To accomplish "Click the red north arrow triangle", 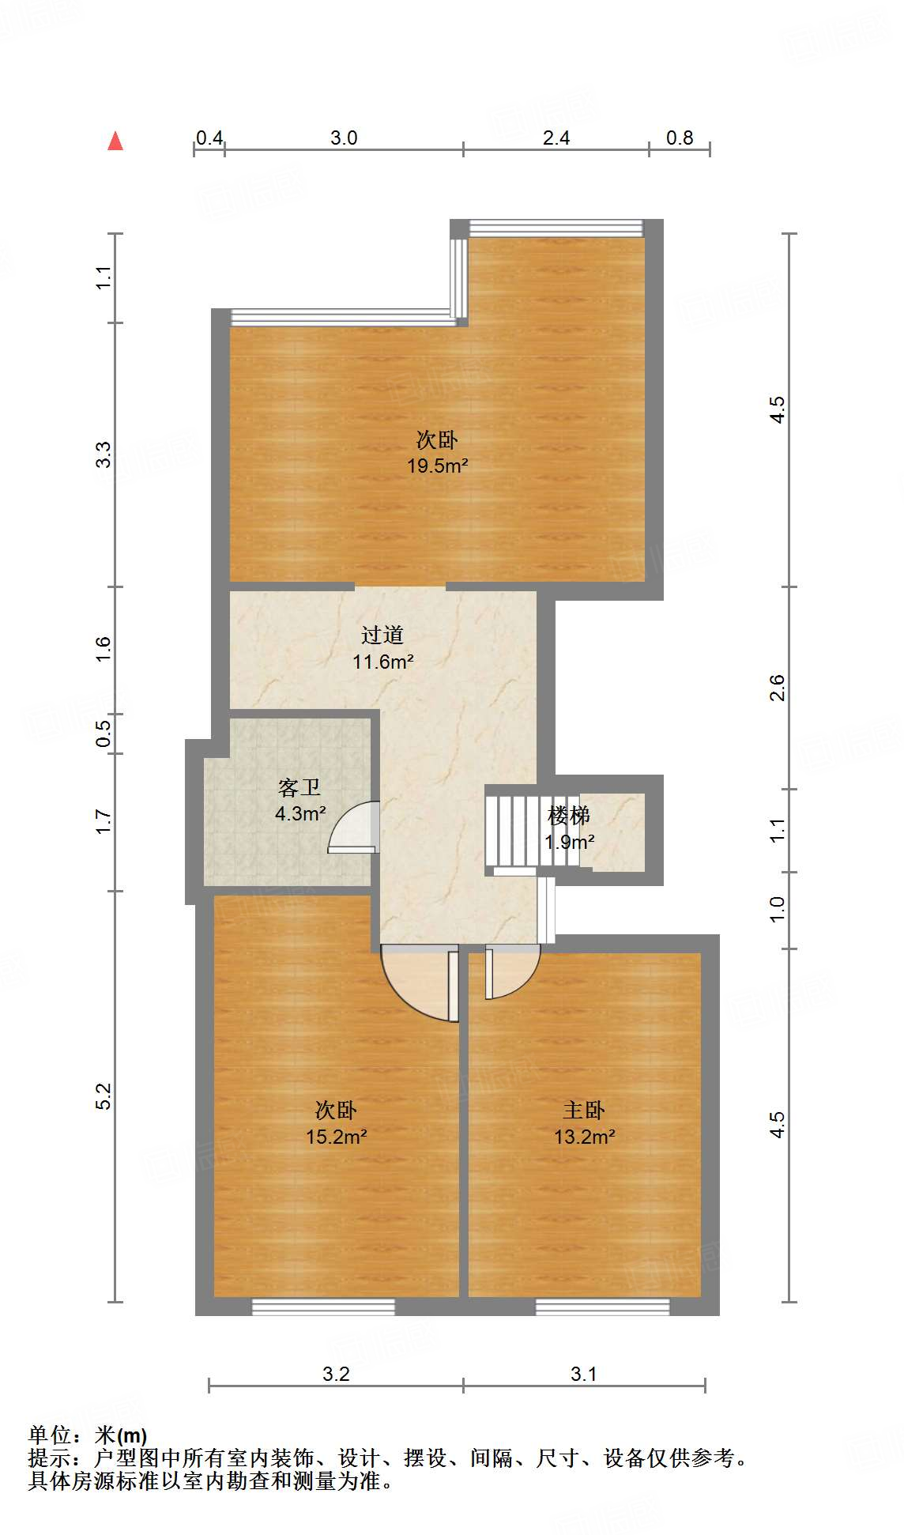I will [x=115, y=141].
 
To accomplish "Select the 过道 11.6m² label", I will [x=382, y=648].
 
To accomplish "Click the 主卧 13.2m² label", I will [x=584, y=1123].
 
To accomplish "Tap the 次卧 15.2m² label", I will [x=336, y=1123].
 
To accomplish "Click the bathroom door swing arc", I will [x=352, y=827].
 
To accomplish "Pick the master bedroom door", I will [x=510, y=972].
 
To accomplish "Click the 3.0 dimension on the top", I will [x=344, y=138].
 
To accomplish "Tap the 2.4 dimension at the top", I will [x=556, y=138].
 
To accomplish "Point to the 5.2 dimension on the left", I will [x=104, y=1096].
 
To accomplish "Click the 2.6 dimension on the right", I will [x=778, y=688].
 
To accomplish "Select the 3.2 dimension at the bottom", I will [x=336, y=1374].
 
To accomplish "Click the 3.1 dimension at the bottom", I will [x=584, y=1374].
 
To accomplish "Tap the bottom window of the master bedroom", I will [x=602, y=1307].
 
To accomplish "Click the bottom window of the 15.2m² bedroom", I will [x=323, y=1307].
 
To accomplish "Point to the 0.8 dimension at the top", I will [x=680, y=138].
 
